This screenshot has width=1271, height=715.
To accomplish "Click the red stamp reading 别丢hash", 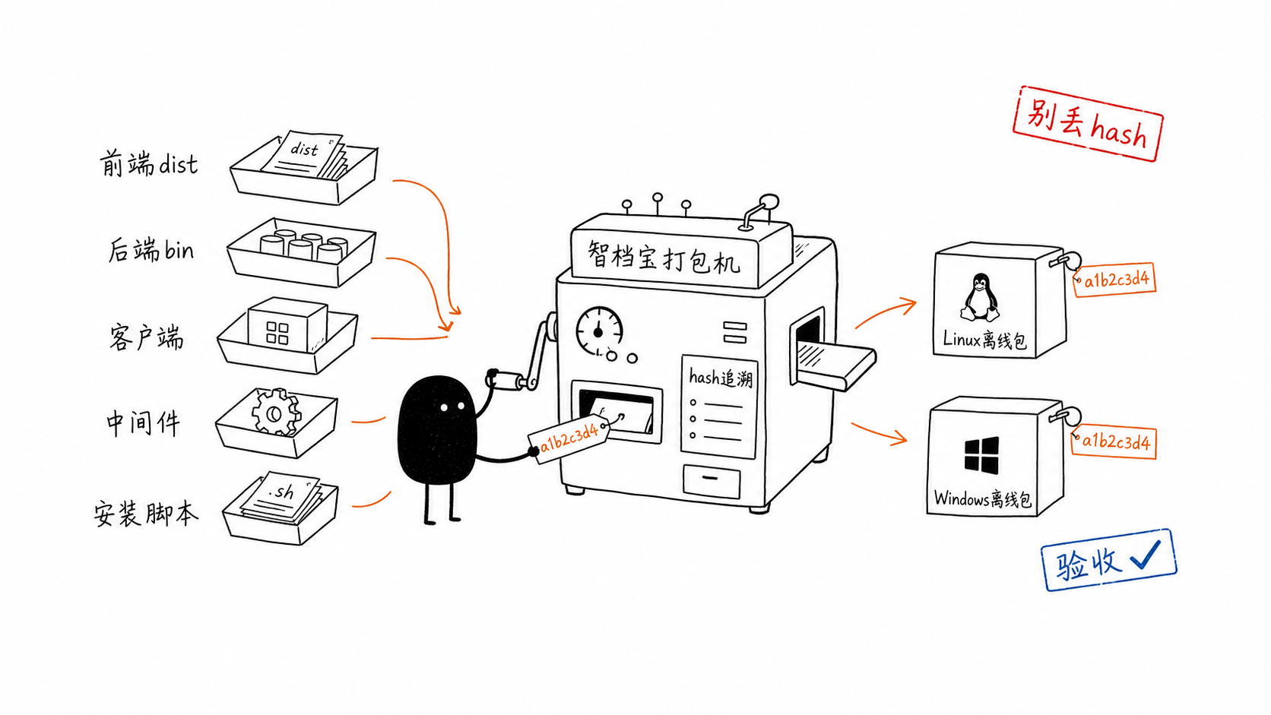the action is (x=1088, y=124).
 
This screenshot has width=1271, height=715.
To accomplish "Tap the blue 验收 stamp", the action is (x=1109, y=560).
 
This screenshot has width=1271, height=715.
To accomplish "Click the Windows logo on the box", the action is (x=981, y=454).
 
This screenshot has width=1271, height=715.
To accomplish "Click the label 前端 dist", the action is (x=149, y=164).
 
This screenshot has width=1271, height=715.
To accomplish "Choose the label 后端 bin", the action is (x=151, y=250).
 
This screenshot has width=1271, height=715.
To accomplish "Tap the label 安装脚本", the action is (x=146, y=513).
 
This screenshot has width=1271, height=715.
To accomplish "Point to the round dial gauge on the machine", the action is (x=599, y=331).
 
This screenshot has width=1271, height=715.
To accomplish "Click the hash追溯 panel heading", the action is (x=721, y=378).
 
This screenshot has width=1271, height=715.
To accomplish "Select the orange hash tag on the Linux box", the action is (x=1114, y=279).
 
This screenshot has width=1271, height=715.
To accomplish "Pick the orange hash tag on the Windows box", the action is (x=1114, y=441).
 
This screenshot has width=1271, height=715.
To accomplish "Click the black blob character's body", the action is (x=437, y=430).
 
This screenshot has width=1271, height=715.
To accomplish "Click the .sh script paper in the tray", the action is (x=281, y=495).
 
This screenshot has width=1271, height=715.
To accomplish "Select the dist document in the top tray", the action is (x=303, y=154).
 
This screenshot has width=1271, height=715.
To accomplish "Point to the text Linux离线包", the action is (x=984, y=340).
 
